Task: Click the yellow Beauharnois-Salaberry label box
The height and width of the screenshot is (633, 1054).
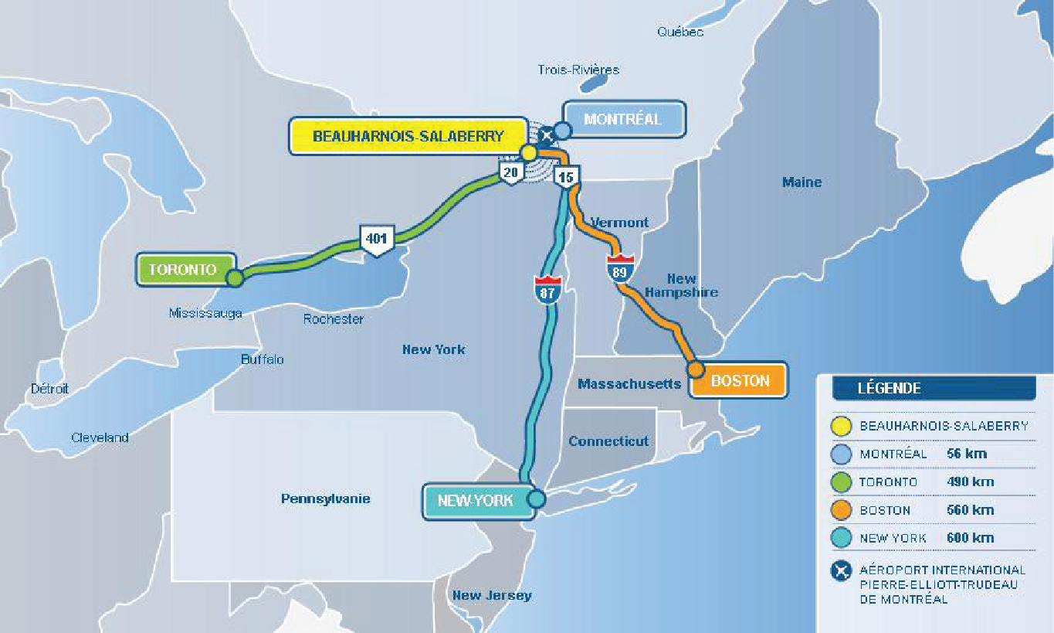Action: coord(408,136)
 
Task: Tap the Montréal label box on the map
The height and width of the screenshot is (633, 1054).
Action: coord(622,119)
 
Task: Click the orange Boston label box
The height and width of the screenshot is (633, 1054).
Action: coord(740,380)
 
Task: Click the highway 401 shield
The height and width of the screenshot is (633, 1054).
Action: coord(376,240)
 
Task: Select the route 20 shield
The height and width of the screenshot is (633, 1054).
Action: coord(510,172)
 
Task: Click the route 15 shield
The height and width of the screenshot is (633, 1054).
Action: coord(566,177)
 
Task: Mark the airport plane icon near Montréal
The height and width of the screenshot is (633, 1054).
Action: coord(547,134)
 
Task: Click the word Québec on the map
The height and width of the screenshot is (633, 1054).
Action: coord(680,32)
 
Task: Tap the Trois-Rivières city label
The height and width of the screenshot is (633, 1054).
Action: coord(578,70)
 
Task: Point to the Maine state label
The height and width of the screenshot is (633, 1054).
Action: coord(802,182)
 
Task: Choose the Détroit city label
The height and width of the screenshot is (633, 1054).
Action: coord(49,389)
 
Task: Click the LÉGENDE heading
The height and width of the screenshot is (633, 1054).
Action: coord(889,388)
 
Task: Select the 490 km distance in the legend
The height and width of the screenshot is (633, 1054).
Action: coord(970,482)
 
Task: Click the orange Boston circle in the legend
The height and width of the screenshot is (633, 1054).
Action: coord(840,510)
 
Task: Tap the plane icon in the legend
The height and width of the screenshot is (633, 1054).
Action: coord(840,572)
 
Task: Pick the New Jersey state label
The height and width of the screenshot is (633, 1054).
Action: coord(492,595)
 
